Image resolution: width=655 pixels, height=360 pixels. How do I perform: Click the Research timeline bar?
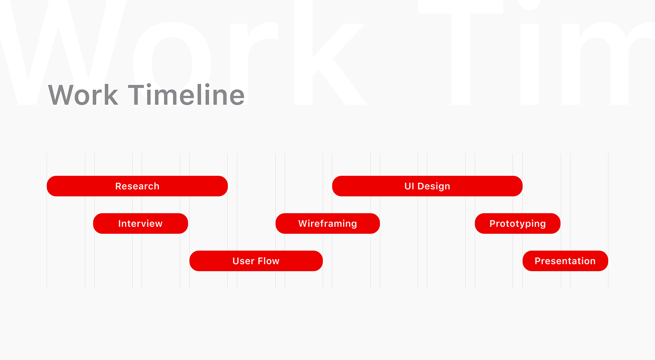point(137,186)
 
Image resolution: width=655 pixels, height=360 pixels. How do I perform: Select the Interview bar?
point(141,223)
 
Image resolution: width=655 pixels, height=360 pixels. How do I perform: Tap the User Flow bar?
point(256,261)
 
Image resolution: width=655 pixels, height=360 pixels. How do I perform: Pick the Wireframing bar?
point(327,223)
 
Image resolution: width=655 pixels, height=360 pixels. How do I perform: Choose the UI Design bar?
point(427,186)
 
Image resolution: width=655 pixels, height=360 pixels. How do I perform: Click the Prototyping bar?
point(517,223)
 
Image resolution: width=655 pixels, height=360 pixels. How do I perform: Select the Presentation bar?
point(565,261)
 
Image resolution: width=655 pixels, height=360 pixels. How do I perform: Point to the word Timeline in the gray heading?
point(186,94)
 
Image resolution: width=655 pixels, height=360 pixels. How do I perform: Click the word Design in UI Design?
point(434,187)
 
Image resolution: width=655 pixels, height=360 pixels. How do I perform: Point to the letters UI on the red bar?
point(409,186)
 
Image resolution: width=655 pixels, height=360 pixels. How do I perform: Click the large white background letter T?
point(460,52)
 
